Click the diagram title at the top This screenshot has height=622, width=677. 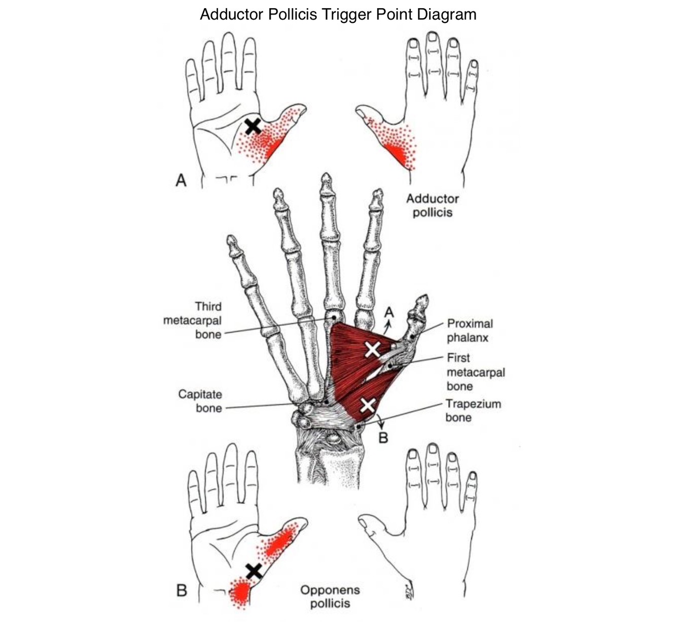(338, 14)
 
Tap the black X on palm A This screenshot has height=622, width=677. (253, 127)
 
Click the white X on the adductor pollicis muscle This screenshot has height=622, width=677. (373, 349)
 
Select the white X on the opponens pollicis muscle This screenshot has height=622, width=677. (368, 405)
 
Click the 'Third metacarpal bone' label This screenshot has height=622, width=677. (192, 320)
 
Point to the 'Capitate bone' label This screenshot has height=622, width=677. (200, 401)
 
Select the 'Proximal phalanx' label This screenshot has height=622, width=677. (470, 330)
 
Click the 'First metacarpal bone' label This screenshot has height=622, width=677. (476, 372)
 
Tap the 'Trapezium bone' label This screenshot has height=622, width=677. (473, 410)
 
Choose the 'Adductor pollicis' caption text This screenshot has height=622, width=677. (433, 205)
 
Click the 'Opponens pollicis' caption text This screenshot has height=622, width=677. (330, 597)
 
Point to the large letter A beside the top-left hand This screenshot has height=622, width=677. (181, 180)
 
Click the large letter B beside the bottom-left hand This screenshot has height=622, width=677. (182, 591)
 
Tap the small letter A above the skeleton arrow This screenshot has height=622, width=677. (389, 312)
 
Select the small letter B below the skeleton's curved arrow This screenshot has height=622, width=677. (383, 438)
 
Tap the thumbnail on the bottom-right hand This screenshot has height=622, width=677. (363, 523)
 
